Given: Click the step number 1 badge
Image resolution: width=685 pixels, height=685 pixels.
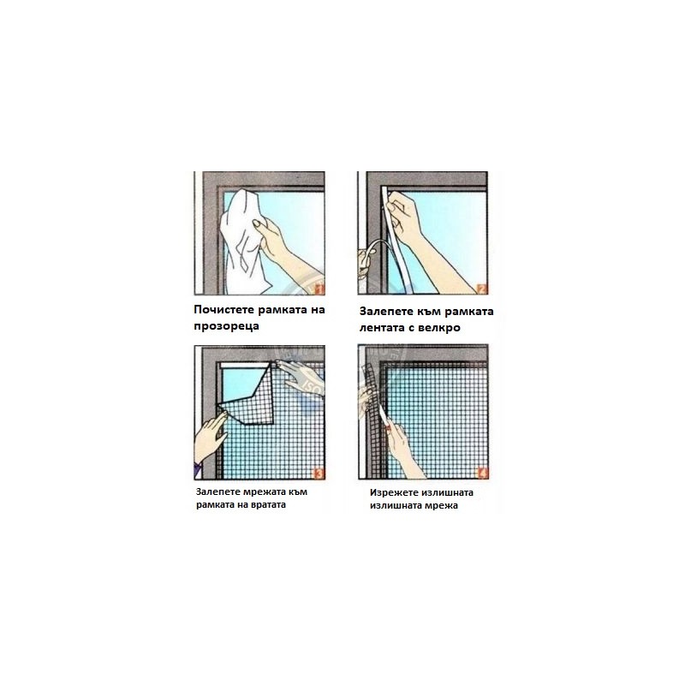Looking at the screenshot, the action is coord(319,289).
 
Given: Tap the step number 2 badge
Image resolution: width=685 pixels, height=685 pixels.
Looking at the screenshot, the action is coord(482,289).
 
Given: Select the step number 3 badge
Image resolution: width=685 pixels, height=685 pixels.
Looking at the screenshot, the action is coord(319,474).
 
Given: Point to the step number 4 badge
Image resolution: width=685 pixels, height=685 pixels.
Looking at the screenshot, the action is coord(483,474).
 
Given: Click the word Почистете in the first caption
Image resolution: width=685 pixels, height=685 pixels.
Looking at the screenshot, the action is coord(224,310).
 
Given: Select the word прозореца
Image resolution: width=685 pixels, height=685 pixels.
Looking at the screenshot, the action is coord(226,326).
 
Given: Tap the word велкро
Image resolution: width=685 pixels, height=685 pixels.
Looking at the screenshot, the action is coord(439,328).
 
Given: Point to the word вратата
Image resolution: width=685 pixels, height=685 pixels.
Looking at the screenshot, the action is coord(270,504).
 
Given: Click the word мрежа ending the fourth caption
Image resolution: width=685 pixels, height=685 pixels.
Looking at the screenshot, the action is coord(442,506).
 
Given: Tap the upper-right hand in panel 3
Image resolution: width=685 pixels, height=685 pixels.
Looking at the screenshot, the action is coord(301,377).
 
